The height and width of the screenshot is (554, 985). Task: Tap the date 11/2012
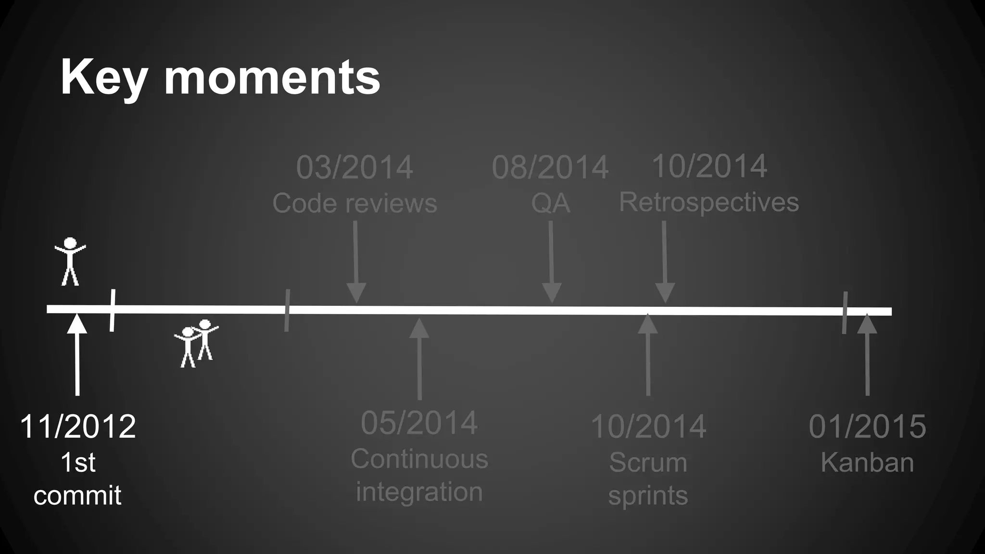coord(78,427)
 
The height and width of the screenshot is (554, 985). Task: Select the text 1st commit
coord(78,479)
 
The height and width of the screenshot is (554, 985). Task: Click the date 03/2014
coord(354,168)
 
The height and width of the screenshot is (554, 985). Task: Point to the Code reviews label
coord(354,203)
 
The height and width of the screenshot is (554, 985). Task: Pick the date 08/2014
coord(550,168)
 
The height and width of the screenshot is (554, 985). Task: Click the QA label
coord(550,203)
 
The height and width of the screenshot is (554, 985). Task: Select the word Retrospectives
coord(708,202)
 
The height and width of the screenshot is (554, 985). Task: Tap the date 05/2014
coord(419,423)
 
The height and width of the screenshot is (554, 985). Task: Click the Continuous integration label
coord(419,475)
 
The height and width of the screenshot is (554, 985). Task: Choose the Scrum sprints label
coord(648,479)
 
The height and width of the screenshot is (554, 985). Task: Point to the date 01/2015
coord(867,427)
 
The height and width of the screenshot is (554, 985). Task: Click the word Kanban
coord(867,463)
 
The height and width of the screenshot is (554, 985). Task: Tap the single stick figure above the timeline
coord(70,261)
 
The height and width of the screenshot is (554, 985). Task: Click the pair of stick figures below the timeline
coord(196,343)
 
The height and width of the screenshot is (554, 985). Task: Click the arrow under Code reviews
coord(356,262)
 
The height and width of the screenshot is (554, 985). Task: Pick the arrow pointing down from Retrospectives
coord(665,262)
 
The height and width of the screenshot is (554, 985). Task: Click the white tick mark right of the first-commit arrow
coord(112,310)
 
